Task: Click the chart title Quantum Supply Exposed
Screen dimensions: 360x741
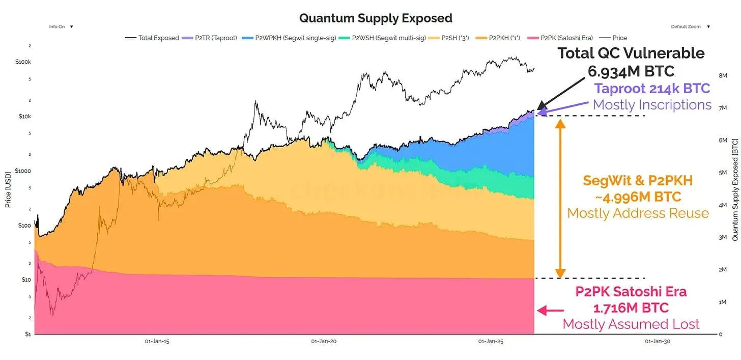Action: pyautogui.click(x=376, y=18)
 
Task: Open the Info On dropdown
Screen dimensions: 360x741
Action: pyautogui.click(x=61, y=26)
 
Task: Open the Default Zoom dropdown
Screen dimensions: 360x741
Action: pyautogui.click(x=690, y=26)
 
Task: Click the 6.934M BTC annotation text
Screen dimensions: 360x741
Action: pyautogui.click(x=631, y=71)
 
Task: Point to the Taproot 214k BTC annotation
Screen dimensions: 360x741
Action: pyautogui.click(x=652, y=88)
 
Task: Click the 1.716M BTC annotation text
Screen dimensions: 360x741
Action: pyautogui.click(x=631, y=308)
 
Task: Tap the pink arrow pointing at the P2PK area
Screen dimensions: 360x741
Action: pyautogui.click(x=551, y=310)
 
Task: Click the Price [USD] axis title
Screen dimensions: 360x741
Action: pyautogui.click(x=8, y=189)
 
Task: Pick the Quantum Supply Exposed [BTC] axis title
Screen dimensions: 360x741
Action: pyautogui.click(x=734, y=189)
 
